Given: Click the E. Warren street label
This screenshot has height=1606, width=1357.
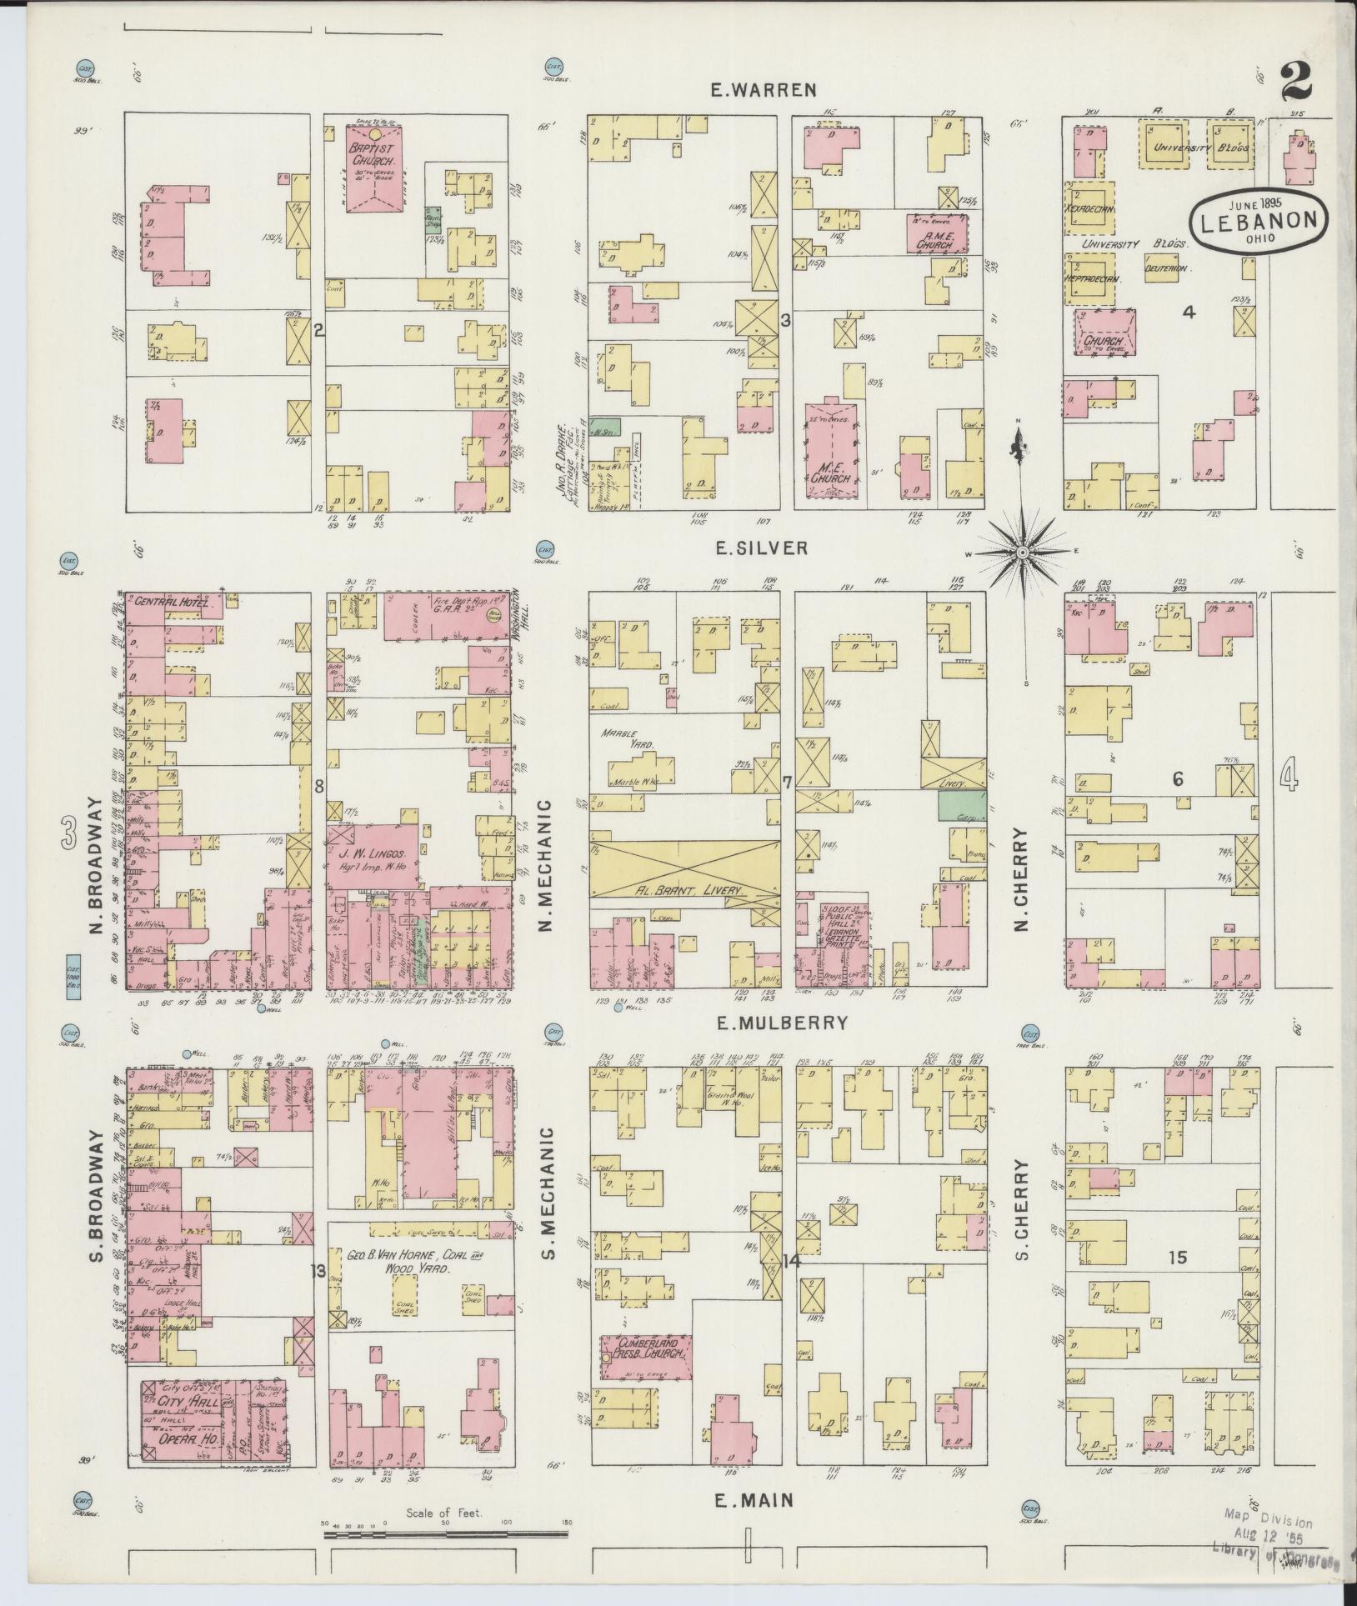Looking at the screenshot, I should point(763,90).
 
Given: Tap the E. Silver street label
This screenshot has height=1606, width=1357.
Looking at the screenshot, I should point(760,548).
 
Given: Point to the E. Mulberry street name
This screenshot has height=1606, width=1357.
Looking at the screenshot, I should point(779,1023).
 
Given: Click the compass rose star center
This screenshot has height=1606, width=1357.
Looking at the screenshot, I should point(1021,552).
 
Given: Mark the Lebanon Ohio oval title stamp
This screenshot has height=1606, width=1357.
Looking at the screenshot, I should point(1259,219).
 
